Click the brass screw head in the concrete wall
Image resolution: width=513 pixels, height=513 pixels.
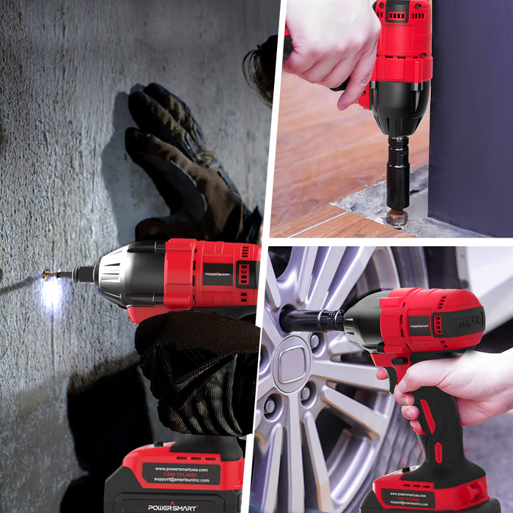point(48,274)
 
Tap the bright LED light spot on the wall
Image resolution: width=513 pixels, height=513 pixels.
point(51,293)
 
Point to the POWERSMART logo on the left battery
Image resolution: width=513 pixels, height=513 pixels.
point(172,506)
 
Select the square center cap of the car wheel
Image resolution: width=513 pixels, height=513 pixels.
point(291,363)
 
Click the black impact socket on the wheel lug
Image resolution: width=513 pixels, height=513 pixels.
point(308,320)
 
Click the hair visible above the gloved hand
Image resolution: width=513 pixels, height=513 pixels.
point(260,70)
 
